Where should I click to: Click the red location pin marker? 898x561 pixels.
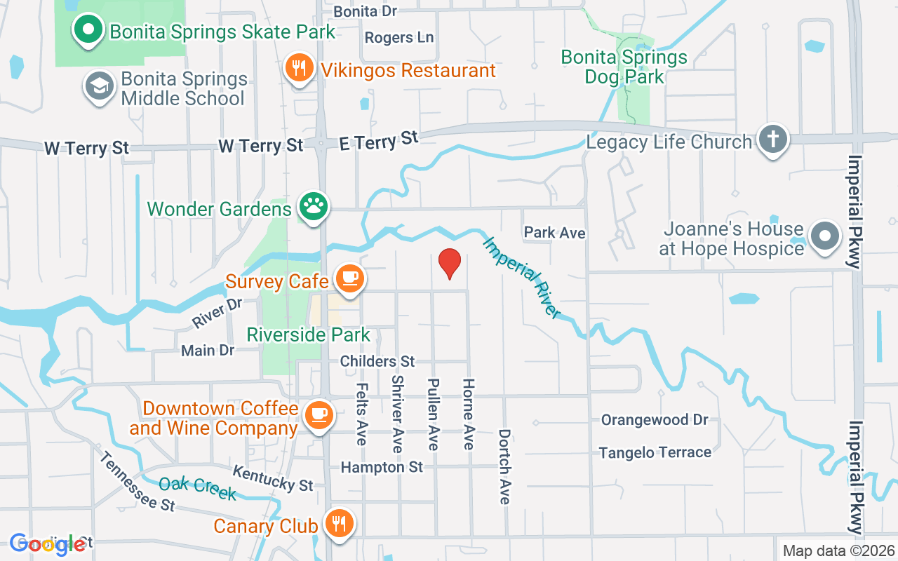pyautogui.click(x=449, y=263)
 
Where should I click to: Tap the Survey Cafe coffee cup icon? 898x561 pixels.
pyautogui.click(x=349, y=278)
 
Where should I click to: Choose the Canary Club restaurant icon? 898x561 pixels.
pyautogui.click(x=340, y=523)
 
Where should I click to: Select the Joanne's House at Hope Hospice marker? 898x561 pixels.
pyautogui.click(x=825, y=236)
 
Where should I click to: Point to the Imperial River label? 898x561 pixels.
pyautogui.click(x=522, y=278)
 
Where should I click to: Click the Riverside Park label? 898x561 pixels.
pyautogui.click(x=309, y=334)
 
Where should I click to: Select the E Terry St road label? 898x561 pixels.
pyautogui.click(x=378, y=140)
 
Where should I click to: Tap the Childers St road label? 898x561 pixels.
pyautogui.click(x=377, y=361)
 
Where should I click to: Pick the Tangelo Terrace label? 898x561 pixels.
pyautogui.click(x=655, y=453)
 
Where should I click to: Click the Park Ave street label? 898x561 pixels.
pyautogui.click(x=554, y=232)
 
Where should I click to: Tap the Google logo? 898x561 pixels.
pyautogui.click(x=48, y=543)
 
